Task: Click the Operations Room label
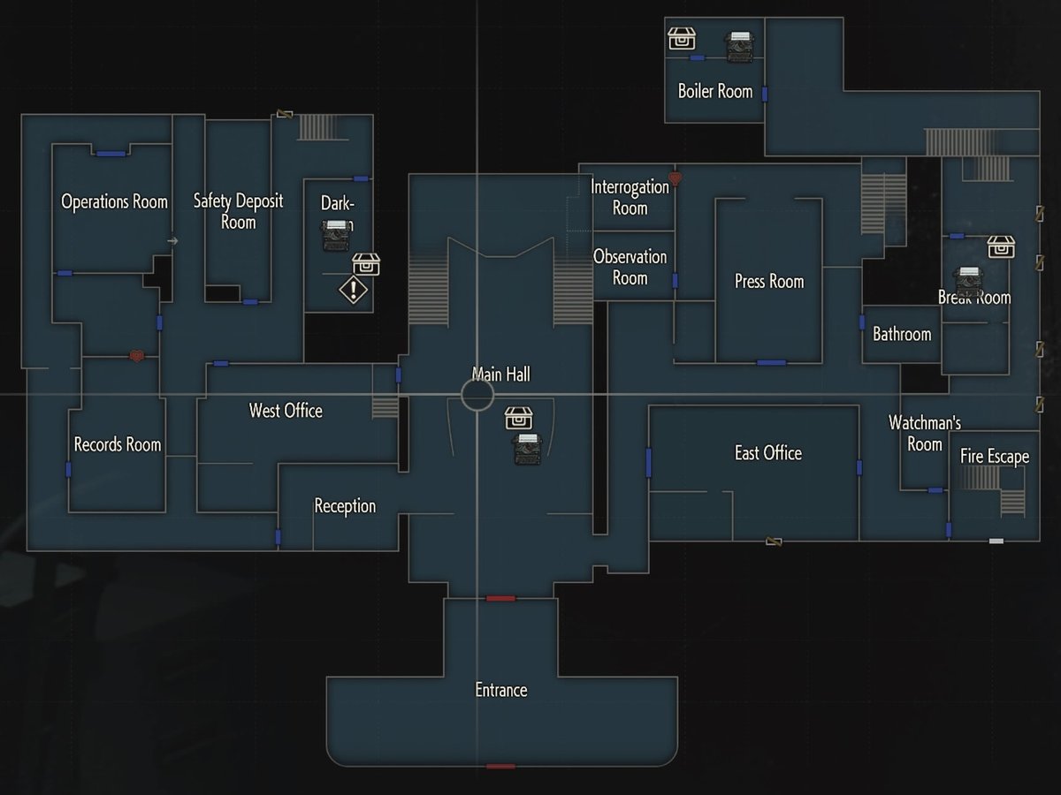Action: click(x=114, y=202)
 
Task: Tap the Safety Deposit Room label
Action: click(x=238, y=211)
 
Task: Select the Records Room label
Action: click(x=118, y=444)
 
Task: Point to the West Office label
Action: click(x=286, y=411)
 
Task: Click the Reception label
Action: click(x=345, y=506)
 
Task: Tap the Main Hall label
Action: click(x=501, y=375)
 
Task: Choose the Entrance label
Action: click(x=501, y=691)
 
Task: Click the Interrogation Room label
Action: click(x=630, y=197)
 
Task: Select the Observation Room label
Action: click(x=630, y=267)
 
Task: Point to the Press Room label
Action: click(x=769, y=282)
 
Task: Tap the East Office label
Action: click(x=768, y=453)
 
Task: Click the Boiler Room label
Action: click(x=715, y=91)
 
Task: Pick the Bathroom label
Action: click(x=902, y=335)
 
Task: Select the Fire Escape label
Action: click(x=995, y=458)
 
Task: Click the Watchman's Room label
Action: click(x=925, y=434)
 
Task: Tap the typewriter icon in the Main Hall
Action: click(x=528, y=449)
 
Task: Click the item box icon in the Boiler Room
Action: click(x=682, y=39)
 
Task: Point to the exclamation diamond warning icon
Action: click(x=353, y=290)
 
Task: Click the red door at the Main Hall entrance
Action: click(x=500, y=599)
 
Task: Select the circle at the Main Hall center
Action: click(x=477, y=395)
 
